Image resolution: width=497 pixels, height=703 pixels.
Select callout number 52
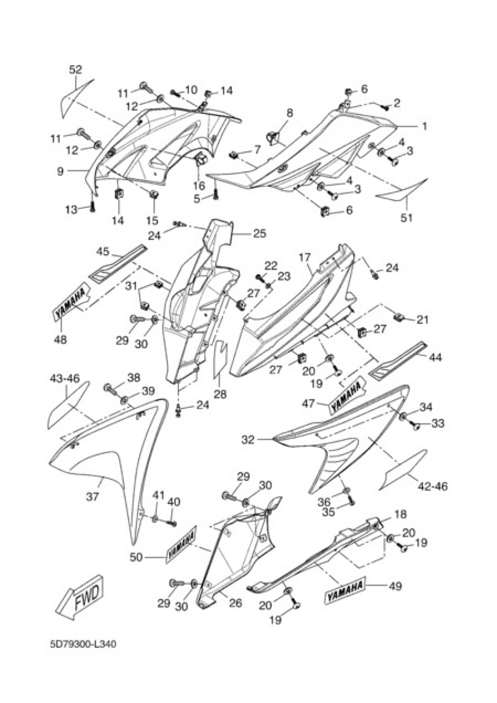75,70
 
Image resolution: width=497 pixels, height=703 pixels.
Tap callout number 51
407,218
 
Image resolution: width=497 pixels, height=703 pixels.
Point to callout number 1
424,127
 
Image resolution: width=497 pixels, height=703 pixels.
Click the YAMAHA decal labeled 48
71,303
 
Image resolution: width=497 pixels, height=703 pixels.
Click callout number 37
93,496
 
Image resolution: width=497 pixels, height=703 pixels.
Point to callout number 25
259,233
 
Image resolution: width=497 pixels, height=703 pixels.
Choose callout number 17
305,258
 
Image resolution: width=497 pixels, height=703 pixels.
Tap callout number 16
199,186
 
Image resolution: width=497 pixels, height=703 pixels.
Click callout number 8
290,113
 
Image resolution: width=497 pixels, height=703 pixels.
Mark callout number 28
220,395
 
